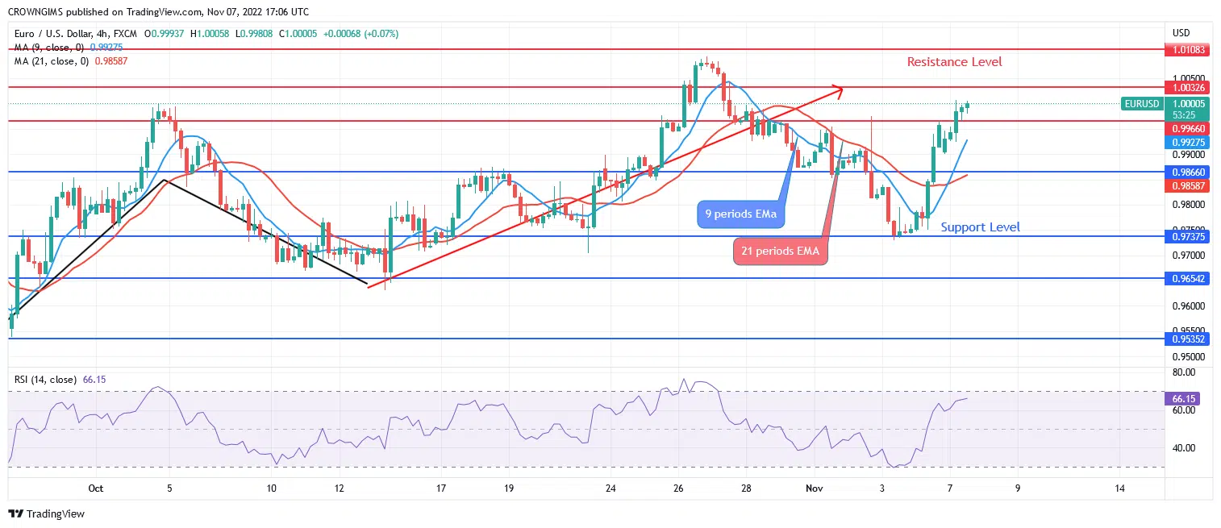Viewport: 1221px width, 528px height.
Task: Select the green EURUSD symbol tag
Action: coord(1142,104)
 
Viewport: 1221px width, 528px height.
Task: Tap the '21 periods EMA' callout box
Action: coord(779,252)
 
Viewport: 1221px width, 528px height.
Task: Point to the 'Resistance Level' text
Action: coord(954,62)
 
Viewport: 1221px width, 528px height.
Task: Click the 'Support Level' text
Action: coord(980,227)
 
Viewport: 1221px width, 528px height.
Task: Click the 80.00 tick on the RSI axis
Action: coord(1183,372)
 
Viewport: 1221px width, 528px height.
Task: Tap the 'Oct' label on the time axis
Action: coord(96,489)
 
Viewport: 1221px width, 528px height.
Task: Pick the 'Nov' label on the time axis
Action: coord(814,489)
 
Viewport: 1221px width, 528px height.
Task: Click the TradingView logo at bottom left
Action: coord(47,513)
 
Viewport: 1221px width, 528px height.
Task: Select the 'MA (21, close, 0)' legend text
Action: coord(50,60)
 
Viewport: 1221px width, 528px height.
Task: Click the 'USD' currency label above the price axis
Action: coord(1181,33)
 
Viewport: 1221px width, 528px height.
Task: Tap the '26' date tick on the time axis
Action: coord(678,489)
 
